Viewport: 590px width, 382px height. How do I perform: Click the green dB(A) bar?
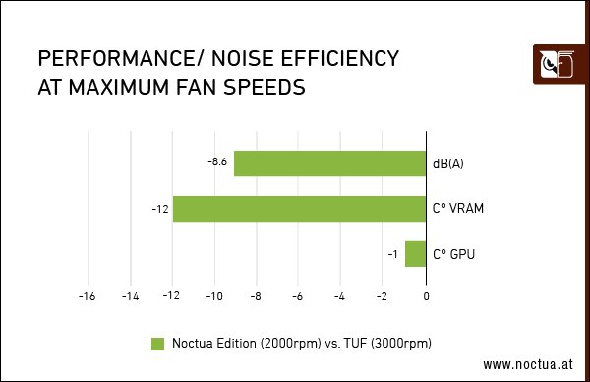point(329,163)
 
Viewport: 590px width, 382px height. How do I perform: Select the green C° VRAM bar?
point(299,209)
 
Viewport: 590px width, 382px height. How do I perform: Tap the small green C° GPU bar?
point(415,254)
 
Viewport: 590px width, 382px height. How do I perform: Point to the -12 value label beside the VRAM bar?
point(159,209)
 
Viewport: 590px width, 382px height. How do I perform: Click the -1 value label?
point(392,255)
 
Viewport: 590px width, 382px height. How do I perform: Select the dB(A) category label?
point(447,163)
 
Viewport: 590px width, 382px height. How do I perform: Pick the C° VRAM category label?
point(457,209)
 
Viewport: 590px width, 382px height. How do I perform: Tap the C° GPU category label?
point(453,255)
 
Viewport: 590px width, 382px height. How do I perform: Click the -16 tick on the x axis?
point(87,295)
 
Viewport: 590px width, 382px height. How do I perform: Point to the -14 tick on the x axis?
point(129,295)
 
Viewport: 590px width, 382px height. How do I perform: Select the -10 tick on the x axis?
point(213,295)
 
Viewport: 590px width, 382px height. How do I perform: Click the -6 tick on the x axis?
point(298,295)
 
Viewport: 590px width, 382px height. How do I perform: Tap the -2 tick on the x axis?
point(383,295)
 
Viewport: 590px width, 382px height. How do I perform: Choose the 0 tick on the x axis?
point(426,295)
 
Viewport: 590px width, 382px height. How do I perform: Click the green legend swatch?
point(157,344)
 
